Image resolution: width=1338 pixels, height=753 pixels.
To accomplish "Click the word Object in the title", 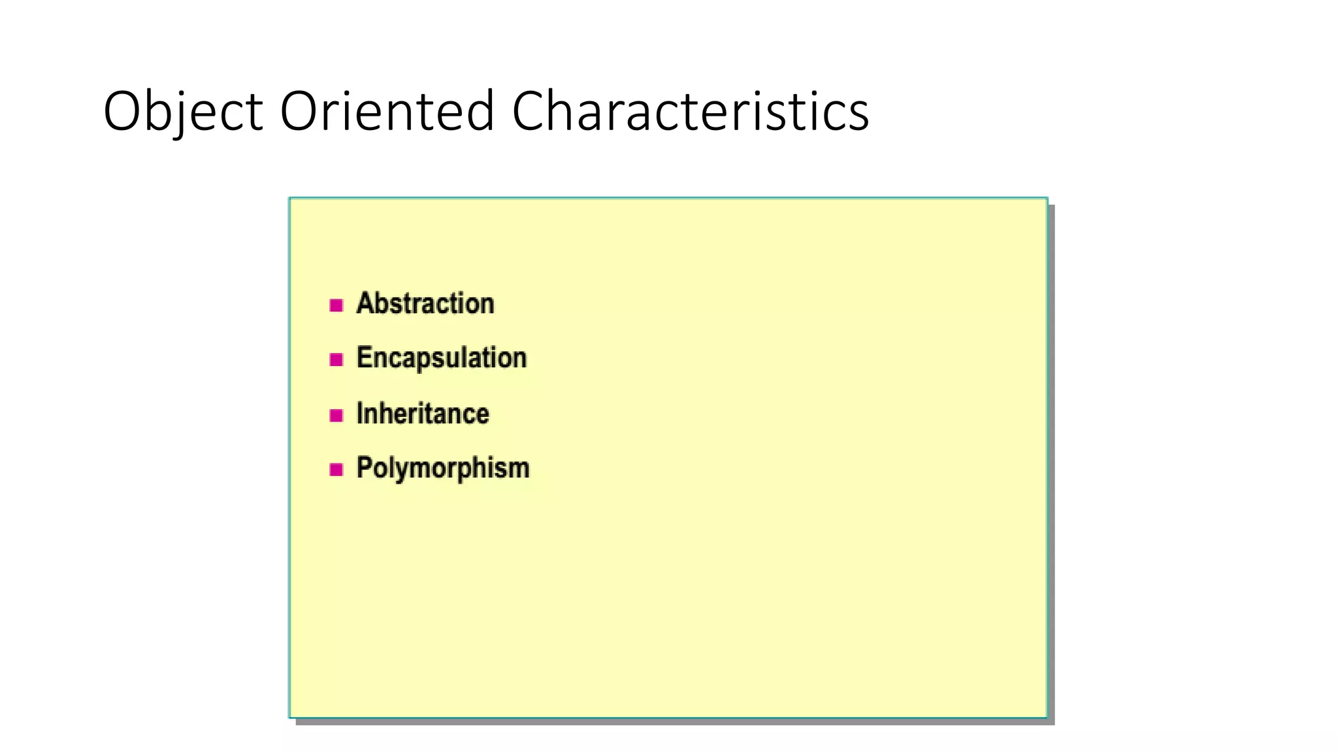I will pyautogui.click(x=183, y=111).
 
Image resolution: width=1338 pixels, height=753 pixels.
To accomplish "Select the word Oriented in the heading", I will pyautogui.click(x=387, y=111).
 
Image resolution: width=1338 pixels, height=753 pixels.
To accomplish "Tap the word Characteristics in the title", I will pyautogui.click(x=690, y=111).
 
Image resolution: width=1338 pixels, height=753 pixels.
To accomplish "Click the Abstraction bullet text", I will pyautogui.click(x=425, y=304).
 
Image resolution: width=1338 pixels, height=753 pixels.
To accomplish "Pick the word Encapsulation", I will pyautogui.click(x=442, y=358).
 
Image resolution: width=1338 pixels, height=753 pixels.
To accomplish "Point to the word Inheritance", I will pyautogui.click(x=423, y=414).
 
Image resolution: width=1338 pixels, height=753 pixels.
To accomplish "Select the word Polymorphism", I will pyautogui.click(x=443, y=468).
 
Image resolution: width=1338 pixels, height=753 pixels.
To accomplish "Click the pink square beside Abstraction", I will pyautogui.click(x=336, y=305).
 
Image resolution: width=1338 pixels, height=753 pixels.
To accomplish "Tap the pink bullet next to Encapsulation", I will pyautogui.click(x=336, y=360).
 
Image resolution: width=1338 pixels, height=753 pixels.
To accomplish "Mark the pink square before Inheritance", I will pyautogui.click(x=336, y=415).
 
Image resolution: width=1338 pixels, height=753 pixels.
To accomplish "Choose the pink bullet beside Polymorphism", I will pyautogui.click(x=336, y=469).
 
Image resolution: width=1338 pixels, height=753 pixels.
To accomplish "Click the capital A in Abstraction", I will pyautogui.click(x=365, y=303).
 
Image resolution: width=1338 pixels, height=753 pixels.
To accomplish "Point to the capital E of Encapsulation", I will pyautogui.click(x=364, y=358).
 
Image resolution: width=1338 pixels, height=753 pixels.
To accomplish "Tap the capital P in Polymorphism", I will pyautogui.click(x=365, y=467).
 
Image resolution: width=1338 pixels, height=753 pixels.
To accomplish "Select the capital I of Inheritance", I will pyautogui.click(x=359, y=413).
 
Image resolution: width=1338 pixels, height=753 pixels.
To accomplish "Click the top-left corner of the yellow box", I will pyautogui.click(x=291, y=199).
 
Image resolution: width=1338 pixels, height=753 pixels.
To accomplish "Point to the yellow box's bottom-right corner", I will pyautogui.click(x=1047, y=717).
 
